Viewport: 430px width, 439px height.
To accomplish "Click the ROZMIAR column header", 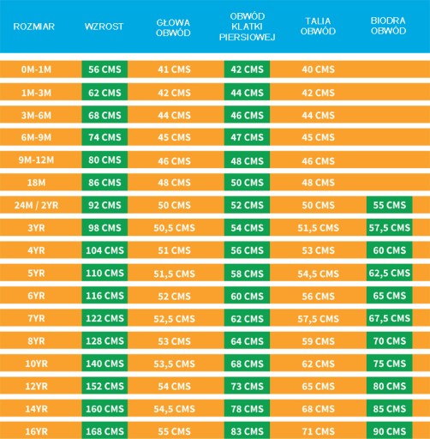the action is pyautogui.click(x=33, y=27).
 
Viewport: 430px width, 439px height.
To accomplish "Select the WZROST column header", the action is pyautogui.click(x=104, y=27).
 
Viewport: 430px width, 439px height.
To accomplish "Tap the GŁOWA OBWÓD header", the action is pyautogui.click(x=173, y=27).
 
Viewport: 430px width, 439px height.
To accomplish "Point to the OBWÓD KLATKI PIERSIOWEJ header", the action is pyautogui.click(x=248, y=27).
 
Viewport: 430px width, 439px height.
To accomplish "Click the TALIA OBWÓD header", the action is pyautogui.click(x=318, y=26).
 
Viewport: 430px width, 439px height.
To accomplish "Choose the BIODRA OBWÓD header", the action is pyautogui.click(x=388, y=26).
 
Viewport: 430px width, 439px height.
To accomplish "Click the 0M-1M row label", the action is pyautogui.click(x=36, y=69).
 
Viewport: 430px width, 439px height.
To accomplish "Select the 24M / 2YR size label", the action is pyautogui.click(x=36, y=205).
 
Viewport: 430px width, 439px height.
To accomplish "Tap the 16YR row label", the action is pyautogui.click(x=36, y=431).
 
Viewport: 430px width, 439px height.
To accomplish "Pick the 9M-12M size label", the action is pyautogui.click(x=36, y=159).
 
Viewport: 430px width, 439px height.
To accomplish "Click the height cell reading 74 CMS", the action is pyautogui.click(x=105, y=137).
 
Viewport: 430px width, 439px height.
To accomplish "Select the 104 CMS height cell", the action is pyautogui.click(x=105, y=250).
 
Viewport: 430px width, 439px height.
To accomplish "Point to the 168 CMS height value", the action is pyautogui.click(x=105, y=430).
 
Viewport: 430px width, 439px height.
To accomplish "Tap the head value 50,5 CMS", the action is pyautogui.click(x=175, y=228).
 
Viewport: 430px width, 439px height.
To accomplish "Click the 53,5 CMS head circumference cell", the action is pyautogui.click(x=175, y=364).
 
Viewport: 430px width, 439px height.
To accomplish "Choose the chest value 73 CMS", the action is pyautogui.click(x=248, y=386).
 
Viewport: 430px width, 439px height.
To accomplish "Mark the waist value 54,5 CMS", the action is pyautogui.click(x=319, y=274).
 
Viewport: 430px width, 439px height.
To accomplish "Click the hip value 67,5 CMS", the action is pyautogui.click(x=390, y=318).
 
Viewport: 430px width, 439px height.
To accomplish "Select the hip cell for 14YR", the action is pyautogui.click(x=390, y=409).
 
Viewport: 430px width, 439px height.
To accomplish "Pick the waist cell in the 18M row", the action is pyautogui.click(x=319, y=183).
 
